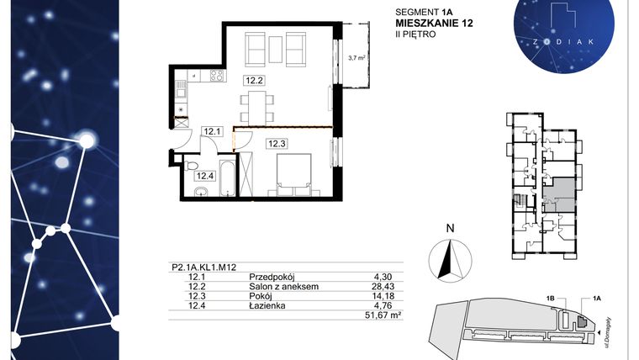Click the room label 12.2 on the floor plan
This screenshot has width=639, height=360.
[255, 81]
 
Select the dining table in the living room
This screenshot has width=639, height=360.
[257, 106]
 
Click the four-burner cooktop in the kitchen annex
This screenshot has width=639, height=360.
[214, 77]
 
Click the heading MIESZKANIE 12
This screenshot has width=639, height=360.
[434, 24]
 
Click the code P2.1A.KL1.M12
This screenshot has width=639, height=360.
[199, 268]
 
